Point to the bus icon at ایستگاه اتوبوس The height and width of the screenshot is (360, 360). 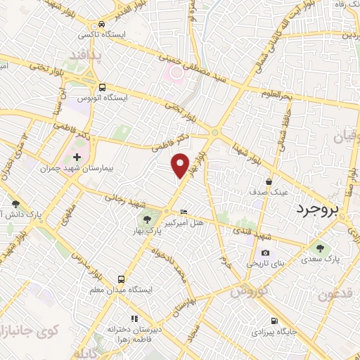[103, 88]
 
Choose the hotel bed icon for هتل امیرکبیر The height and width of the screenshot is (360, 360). [184, 212]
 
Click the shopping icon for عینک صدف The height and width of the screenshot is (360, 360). [269, 182]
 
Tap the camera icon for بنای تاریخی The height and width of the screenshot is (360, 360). [265, 252]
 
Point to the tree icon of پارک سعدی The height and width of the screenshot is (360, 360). [321, 247]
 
